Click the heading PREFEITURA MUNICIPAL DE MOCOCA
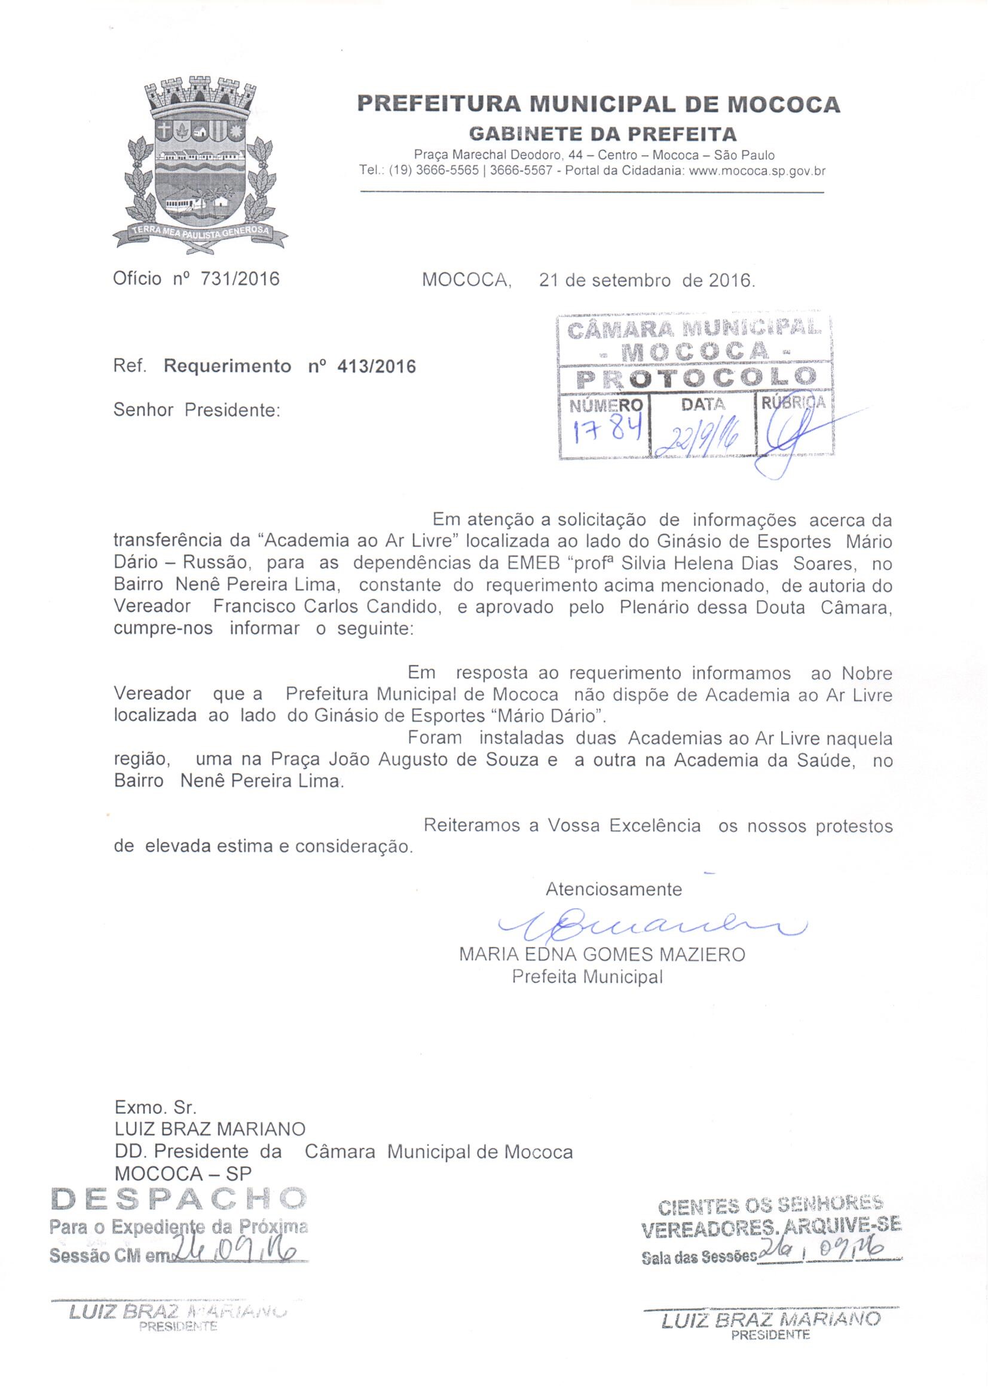pos(598,104)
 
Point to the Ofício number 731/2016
pos(240,278)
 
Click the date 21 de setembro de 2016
pos(647,280)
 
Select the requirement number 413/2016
pos(376,366)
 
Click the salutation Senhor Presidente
pos(197,410)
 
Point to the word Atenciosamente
pos(613,889)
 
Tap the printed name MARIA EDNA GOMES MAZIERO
pos(602,954)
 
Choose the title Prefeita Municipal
pos(587,976)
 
